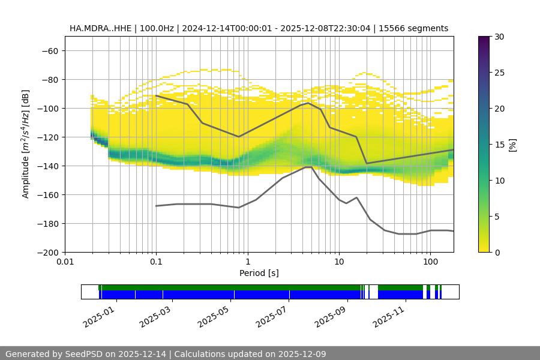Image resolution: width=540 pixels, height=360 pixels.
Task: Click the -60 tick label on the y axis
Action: (x=49, y=50)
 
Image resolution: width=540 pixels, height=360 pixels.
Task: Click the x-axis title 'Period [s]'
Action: (x=259, y=273)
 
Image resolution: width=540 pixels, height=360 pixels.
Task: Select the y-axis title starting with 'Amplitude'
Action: (x=26, y=144)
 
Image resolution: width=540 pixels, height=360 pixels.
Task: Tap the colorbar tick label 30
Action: (x=499, y=37)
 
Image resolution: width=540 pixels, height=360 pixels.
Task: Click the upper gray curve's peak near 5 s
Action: (x=308, y=103)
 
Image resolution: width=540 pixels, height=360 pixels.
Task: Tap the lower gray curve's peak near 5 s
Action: (x=308, y=167)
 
